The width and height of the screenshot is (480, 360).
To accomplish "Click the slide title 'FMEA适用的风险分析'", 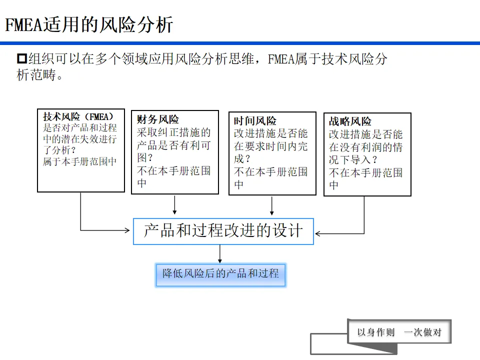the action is tap(89, 24).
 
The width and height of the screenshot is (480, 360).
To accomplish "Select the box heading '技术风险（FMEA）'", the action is tap(78, 116).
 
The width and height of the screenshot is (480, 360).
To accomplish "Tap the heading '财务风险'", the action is tap(157, 119).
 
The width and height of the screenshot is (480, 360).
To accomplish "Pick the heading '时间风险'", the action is tap(255, 121).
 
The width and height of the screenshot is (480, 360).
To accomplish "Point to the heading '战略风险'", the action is tap(350, 121).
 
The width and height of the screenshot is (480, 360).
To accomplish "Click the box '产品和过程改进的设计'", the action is tap(223, 231).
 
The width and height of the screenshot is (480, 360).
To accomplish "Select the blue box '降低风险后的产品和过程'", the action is tap(220, 274).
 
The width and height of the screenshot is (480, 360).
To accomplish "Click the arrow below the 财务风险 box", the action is tap(174, 204).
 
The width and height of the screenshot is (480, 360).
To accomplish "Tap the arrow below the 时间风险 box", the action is tap(272, 205).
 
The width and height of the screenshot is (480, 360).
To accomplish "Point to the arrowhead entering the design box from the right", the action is tap(318, 233).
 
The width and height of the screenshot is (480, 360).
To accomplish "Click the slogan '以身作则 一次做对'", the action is tap(399, 332).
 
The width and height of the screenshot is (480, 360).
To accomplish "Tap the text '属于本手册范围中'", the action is tap(79, 161).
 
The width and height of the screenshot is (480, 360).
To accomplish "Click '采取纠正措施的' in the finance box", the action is tap(174, 133).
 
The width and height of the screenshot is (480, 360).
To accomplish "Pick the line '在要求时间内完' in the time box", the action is tap(271, 146).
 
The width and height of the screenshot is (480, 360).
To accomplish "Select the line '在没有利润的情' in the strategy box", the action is tap(365, 148).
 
